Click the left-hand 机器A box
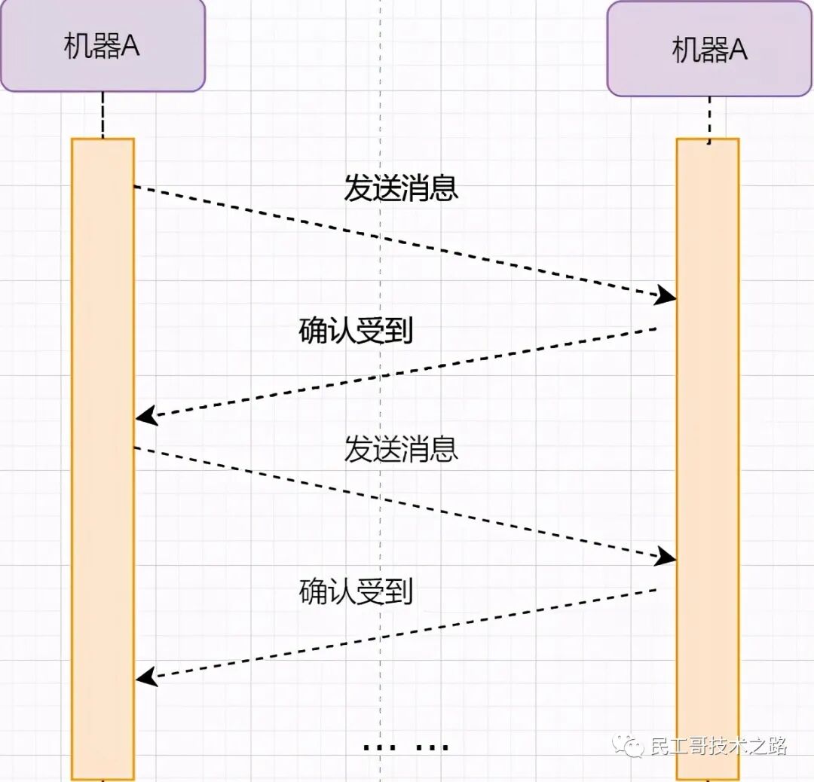point(103,47)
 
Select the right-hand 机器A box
point(708,50)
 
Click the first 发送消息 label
point(401,188)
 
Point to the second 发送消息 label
point(401,450)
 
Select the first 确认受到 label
point(356,331)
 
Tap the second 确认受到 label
point(356,592)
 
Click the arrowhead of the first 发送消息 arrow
point(666,295)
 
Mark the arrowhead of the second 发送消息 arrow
point(666,557)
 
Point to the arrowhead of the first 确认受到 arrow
point(145,416)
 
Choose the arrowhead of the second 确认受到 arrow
point(145,677)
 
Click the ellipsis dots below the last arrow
point(405,747)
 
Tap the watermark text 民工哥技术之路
point(718,747)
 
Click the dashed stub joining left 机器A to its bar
point(103,115)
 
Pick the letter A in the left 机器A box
point(130,47)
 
